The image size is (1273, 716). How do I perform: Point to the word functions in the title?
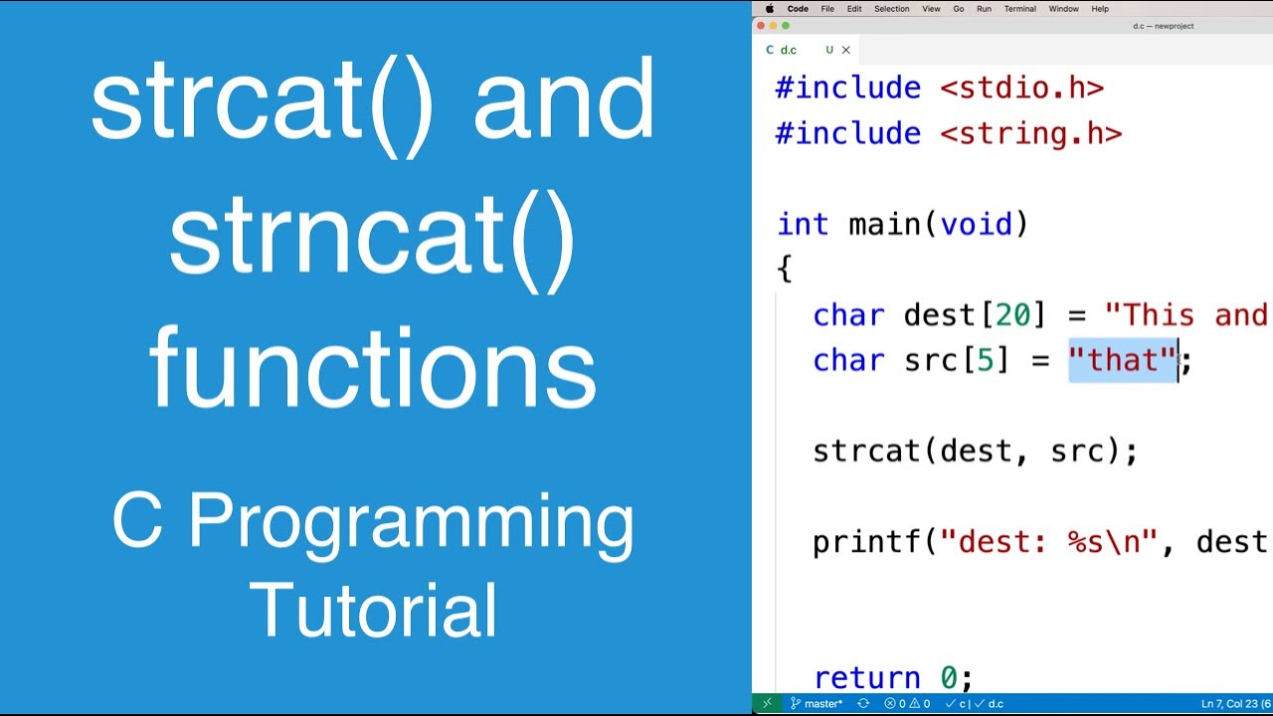click(373, 367)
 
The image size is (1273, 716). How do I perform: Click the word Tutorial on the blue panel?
click(373, 609)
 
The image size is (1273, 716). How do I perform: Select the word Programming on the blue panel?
click(411, 522)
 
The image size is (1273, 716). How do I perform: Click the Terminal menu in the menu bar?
click(1019, 9)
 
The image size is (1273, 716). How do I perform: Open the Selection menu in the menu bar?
click(891, 9)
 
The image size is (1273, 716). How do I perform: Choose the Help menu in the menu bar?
click(1100, 9)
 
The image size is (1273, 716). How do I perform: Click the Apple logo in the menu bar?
click(769, 9)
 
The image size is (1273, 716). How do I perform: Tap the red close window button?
click(762, 26)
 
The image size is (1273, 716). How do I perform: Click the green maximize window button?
click(786, 26)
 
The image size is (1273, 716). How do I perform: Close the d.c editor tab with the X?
click(846, 50)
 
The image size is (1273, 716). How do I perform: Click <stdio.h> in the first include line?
click(1021, 88)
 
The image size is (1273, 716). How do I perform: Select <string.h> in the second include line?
click(1030, 133)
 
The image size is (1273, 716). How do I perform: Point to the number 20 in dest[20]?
click(1013, 315)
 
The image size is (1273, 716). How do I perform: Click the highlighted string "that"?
click(1123, 360)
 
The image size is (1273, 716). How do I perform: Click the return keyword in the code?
click(866, 677)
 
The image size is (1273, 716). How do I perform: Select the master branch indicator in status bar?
click(817, 704)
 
